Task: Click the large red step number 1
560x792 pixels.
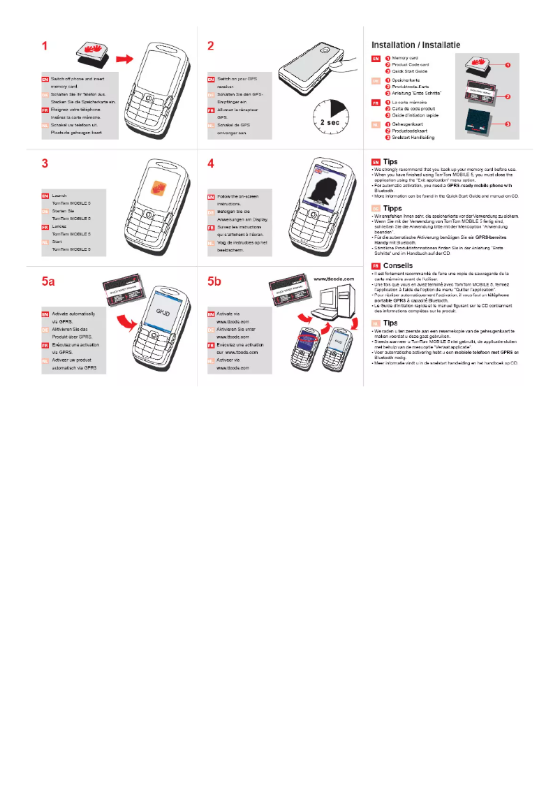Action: click(45, 47)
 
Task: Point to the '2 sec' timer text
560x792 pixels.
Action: click(330, 121)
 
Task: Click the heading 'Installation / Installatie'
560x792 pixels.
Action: click(415, 45)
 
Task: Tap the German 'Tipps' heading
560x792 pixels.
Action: click(393, 207)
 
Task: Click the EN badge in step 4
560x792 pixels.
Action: click(212, 197)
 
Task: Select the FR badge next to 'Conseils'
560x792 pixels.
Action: click(376, 266)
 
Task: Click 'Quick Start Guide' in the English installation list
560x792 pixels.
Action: click(410, 71)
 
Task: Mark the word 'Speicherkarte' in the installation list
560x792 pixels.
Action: click(408, 81)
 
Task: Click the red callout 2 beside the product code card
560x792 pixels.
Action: click(508, 96)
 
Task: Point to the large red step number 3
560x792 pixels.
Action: click(45, 164)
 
